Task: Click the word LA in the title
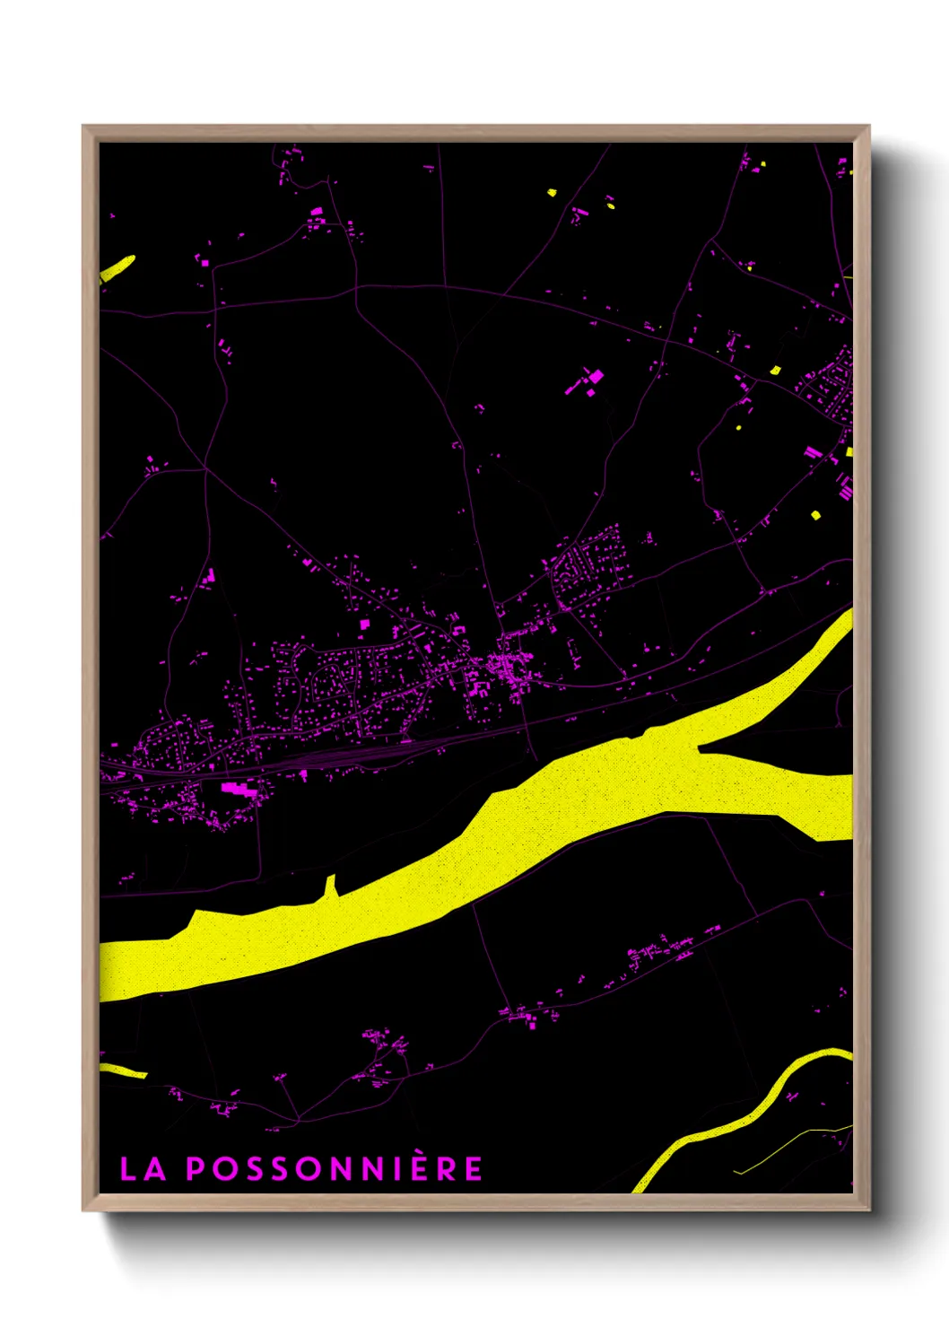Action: coord(143,1168)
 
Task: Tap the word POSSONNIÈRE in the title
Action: coord(335,1168)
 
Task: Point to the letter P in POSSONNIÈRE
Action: coord(195,1168)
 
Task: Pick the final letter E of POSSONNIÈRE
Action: coord(473,1168)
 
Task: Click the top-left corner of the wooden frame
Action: coord(83,127)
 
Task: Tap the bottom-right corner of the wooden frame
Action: coord(868,1210)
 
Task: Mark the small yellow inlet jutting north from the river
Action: coord(330,886)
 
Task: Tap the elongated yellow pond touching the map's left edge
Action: coord(117,267)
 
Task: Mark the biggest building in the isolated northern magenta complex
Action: coord(595,376)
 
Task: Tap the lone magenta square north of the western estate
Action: coord(364,624)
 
